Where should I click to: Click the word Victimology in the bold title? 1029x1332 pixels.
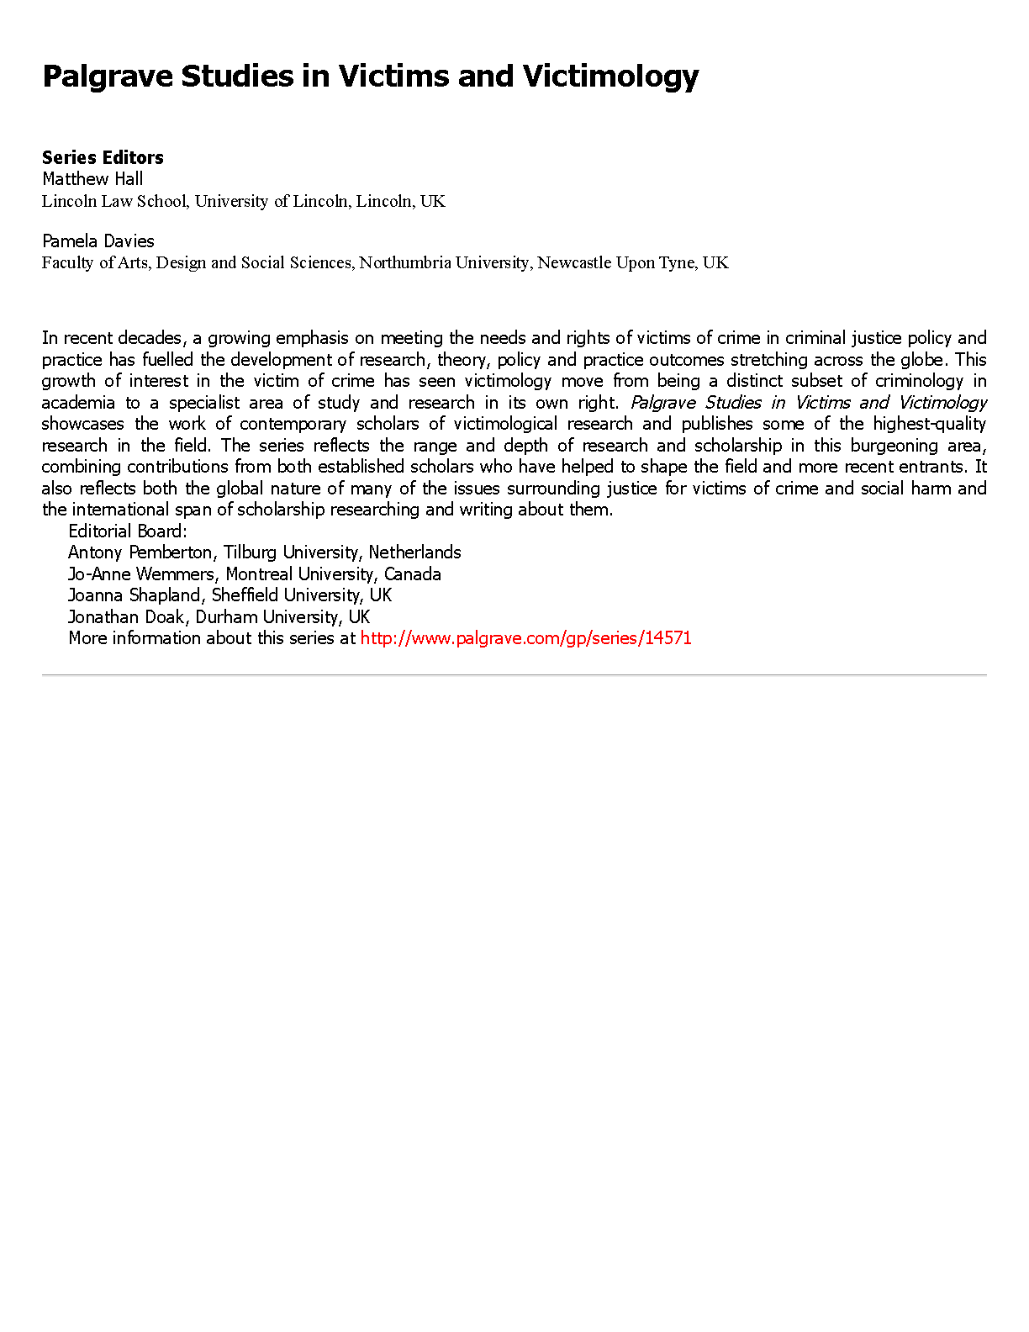tap(610, 77)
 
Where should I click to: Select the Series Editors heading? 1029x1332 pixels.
tap(103, 157)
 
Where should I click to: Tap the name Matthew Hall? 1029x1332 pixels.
tap(92, 178)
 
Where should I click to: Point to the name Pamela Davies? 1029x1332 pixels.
tap(98, 241)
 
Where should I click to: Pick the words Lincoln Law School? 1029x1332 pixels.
tap(116, 201)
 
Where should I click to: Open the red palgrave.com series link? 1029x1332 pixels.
tap(525, 638)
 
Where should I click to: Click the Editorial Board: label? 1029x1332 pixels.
tap(128, 531)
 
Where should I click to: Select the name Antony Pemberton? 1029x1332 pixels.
tap(140, 552)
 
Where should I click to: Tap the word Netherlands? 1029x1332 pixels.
tap(414, 552)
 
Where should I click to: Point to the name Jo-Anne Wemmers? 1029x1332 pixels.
tap(141, 574)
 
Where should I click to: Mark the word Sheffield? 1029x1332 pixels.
tap(242, 595)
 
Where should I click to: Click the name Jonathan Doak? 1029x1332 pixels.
tap(126, 617)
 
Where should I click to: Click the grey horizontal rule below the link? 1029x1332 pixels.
tap(514, 674)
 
